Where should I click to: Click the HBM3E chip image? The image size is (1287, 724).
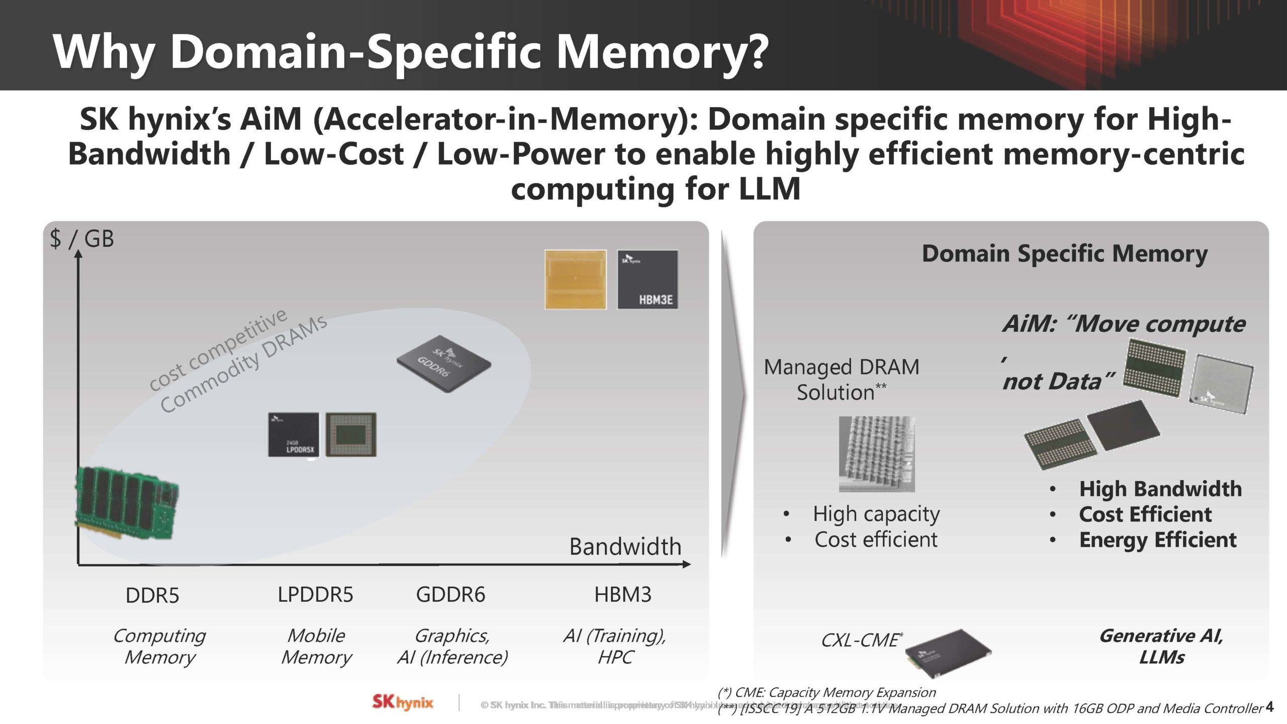tap(648, 280)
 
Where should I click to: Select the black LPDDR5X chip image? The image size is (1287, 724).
tap(294, 434)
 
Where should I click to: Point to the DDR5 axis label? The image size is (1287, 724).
tap(152, 595)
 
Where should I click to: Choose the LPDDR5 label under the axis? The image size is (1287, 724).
tap(315, 595)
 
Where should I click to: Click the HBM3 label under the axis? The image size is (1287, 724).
tap(622, 595)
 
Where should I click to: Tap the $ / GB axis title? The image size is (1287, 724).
tap(82, 238)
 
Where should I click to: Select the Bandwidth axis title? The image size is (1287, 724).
tap(625, 547)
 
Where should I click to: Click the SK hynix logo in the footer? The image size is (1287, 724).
tap(403, 702)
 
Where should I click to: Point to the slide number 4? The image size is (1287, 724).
tap(1270, 706)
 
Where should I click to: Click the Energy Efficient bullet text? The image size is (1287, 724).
tap(1157, 540)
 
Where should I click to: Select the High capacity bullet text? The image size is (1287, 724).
tap(876, 514)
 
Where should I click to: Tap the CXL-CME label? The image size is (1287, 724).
tap(860, 640)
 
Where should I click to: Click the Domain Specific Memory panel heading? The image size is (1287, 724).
tap(1064, 253)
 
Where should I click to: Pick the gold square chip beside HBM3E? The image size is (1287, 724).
tap(575, 280)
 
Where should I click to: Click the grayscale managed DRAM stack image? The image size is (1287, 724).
tap(877, 454)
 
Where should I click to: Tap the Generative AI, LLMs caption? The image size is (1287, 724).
tap(1161, 646)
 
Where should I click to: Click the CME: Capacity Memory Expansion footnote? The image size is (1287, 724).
tap(827, 692)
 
